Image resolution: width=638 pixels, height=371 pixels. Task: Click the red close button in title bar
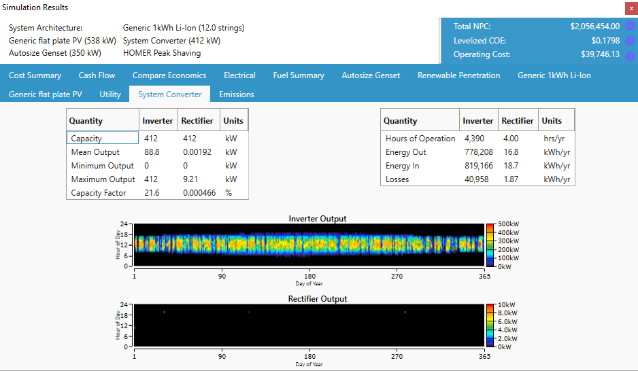pyautogui.click(x=631, y=7)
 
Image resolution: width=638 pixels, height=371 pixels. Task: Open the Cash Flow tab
pyautogui.click(x=97, y=75)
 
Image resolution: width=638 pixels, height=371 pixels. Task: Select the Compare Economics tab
pyautogui.click(x=169, y=75)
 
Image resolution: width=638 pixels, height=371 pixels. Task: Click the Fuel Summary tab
pyautogui.click(x=299, y=75)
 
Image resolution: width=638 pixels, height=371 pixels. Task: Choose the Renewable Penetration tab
pyautogui.click(x=458, y=75)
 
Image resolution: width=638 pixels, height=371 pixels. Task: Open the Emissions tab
pyautogui.click(x=237, y=94)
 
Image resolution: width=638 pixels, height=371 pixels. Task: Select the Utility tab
pyautogui.click(x=110, y=94)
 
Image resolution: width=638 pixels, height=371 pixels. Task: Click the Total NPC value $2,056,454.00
pyautogui.click(x=594, y=26)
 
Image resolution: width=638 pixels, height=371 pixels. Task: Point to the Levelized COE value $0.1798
pyautogui.click(x=604, y=41)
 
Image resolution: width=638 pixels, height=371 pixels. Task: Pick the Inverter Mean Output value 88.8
pyautogui.click(x=152, y=152)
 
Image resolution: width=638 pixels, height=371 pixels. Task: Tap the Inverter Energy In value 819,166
pyautogui.click(x=477, y=166)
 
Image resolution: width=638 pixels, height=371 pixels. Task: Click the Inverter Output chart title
pyautogui.click(x=318, y=219)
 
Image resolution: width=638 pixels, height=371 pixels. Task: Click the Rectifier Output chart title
pyautogui.click(x=318, y=299)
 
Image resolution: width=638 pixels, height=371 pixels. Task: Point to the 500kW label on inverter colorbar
pyautogui.click(x=509, y=224)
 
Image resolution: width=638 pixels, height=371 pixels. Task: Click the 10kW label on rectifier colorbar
pyautogui.click(x=507, y=304)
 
